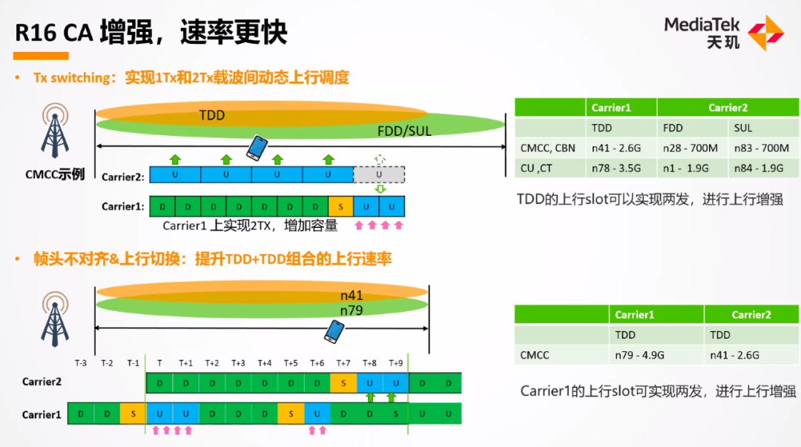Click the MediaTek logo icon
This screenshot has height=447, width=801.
coord(765,33)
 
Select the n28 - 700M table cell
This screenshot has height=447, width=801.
coord(692,148)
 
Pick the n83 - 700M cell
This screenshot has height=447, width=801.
coord(764,148)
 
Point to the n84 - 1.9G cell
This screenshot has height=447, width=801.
coord(764,168)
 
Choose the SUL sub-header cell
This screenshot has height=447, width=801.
coord(764,128)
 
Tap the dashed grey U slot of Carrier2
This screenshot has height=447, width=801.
coord(379,174)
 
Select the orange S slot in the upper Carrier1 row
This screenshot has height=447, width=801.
coord(340,206)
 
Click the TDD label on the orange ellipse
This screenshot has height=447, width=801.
coord(211,115)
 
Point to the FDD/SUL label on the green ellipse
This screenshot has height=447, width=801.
coord(404,131)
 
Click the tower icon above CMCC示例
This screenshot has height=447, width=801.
coord(55,131)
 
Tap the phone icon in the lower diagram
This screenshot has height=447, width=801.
coord(334,331)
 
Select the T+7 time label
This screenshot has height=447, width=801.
coord(343,363)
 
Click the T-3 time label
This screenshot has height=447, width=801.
coord(81,363)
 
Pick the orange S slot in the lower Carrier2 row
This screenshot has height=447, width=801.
coord(343,383)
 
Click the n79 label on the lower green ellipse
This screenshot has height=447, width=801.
coord(352,310)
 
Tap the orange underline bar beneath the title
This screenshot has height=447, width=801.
coord(41,56)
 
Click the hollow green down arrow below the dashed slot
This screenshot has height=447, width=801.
coord(380,189)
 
